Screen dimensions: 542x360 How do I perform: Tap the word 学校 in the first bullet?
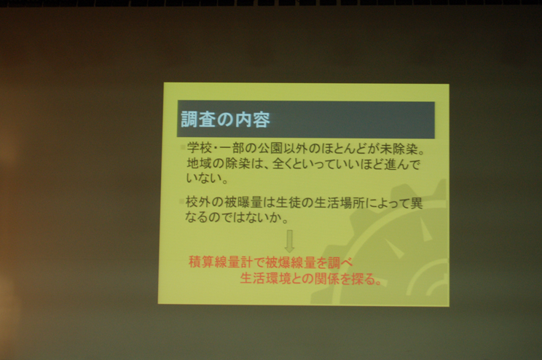click(200, 148)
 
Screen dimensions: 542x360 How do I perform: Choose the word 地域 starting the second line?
click(199, 163)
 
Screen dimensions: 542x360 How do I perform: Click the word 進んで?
click(402, 165)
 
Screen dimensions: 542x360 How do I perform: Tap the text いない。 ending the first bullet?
click(207, 178)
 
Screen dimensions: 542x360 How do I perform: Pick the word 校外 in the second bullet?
click(198, 202)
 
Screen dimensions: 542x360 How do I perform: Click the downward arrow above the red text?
click(290, 241)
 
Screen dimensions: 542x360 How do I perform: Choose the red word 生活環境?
click(265, 278)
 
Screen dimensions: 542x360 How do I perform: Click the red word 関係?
click(326, 278)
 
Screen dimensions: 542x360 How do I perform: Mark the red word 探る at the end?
click(364, 278)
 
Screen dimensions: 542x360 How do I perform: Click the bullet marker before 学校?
click(183, 148)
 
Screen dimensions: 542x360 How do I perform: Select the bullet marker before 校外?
click(181, 201)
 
